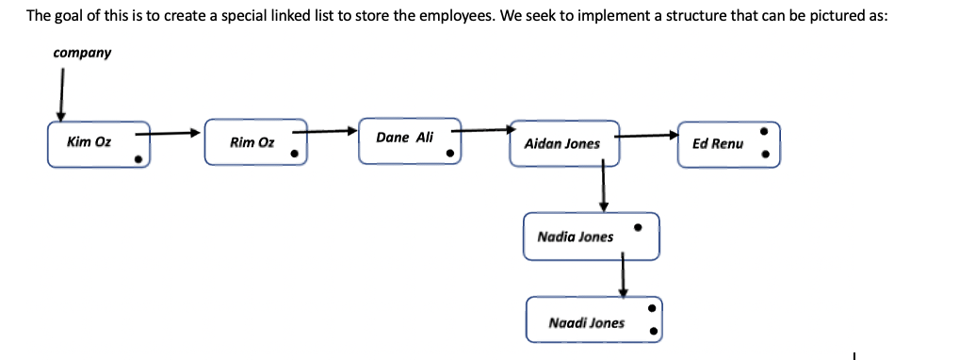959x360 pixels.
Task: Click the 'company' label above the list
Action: tap(82, 53)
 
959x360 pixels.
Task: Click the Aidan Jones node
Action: tap(563, 143)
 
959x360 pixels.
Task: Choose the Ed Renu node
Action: tap(728, 143)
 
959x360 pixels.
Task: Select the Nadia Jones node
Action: tap(591, 236)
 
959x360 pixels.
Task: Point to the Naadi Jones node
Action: tap(593, 321)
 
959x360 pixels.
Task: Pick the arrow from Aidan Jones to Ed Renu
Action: tap(648, 135)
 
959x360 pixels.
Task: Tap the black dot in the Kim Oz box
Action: tap(138, 159)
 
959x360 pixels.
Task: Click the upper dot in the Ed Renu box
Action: tap(765, 132)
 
